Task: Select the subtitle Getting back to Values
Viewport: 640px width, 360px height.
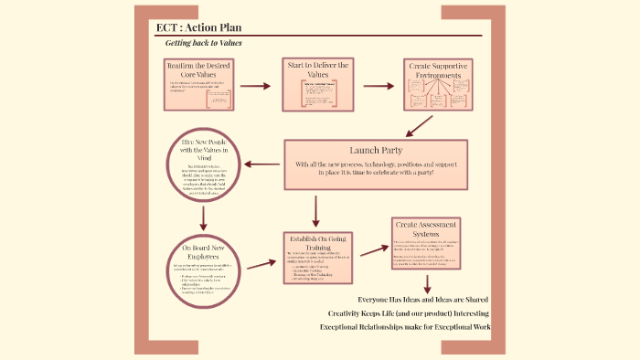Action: click(204, 44)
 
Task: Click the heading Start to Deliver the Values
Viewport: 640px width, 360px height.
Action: click(318, 70)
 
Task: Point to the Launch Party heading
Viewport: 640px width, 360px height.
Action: click(376, 149)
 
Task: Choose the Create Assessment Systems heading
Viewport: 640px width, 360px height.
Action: click(425, 228)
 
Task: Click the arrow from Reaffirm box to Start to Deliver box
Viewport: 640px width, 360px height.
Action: click(256, 86)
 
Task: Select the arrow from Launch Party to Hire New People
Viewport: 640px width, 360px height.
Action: click(261, 164)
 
